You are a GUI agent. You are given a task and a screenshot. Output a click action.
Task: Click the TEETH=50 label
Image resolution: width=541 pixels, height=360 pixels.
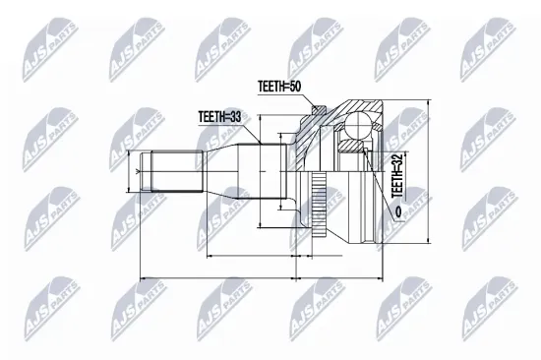coord(279,87)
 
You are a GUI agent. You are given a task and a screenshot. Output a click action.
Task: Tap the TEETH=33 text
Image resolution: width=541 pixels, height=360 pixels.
coord(219,117)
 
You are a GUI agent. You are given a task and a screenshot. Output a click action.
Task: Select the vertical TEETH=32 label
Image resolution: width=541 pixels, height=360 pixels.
coord(397,176)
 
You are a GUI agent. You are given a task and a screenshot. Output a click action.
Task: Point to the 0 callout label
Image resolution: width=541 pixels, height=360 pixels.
coord(398,211)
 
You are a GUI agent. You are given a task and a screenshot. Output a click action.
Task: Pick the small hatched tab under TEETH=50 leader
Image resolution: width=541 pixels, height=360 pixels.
coord(318,109)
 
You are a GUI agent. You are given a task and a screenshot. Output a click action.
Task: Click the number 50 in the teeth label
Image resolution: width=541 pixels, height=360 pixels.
coord(295,87)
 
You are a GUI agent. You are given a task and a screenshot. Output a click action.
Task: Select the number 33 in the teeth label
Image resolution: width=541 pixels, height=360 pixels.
coord(235,117)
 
